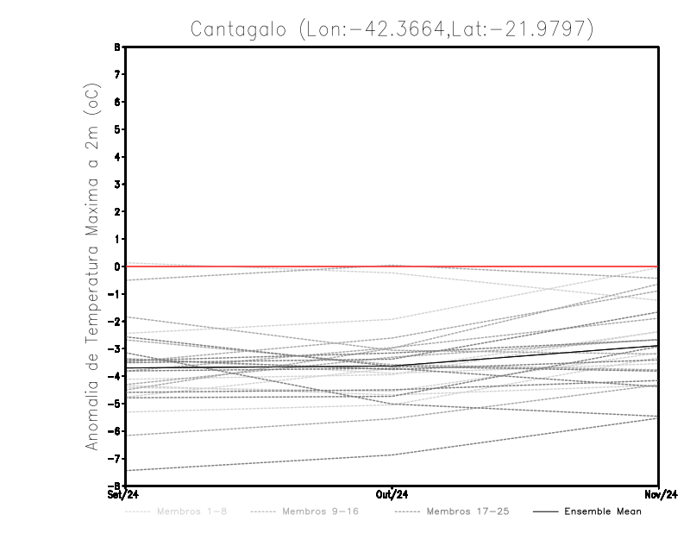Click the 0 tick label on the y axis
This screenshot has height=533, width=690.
(118, 266)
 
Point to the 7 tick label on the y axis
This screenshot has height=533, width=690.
(118, 75)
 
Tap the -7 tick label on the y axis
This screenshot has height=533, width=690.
(116, 459)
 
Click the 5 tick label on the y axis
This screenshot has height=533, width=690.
(118, 129)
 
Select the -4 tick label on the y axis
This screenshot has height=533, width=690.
(116, 377)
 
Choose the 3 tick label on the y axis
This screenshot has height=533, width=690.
(118, 185)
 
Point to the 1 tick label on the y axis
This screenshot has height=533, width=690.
(118, 239)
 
